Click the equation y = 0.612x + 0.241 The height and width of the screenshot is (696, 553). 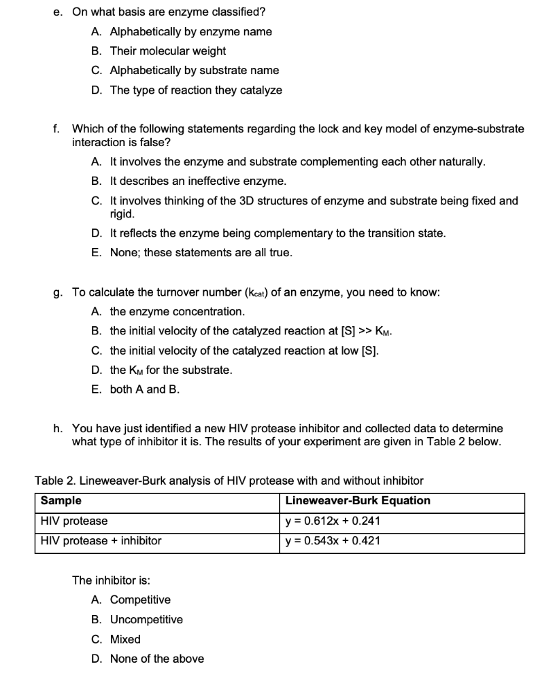[x=333, y=521]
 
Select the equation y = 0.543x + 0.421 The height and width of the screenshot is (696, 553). [x=333, y=541]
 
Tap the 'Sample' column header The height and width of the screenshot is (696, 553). [x=61, y=501]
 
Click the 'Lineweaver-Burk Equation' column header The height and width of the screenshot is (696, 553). [x=358, y=501]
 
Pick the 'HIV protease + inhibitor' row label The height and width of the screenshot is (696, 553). [x=101, y=541]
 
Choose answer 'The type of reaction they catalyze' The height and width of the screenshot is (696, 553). [x=195, y=90]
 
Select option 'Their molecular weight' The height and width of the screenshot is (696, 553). [x=167, y=51]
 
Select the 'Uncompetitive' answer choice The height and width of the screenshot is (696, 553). [x=146, y=619]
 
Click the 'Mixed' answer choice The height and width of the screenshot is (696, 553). [x=125, y=639]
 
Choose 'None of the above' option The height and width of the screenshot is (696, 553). [x=156, y=659]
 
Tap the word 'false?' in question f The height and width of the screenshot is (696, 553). [x=155, y=143]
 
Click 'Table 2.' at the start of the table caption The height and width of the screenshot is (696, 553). [x=55, y=481]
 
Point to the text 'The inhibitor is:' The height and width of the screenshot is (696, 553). [x=112, y=580]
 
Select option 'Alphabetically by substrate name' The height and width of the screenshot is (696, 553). [x=194, y=70]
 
